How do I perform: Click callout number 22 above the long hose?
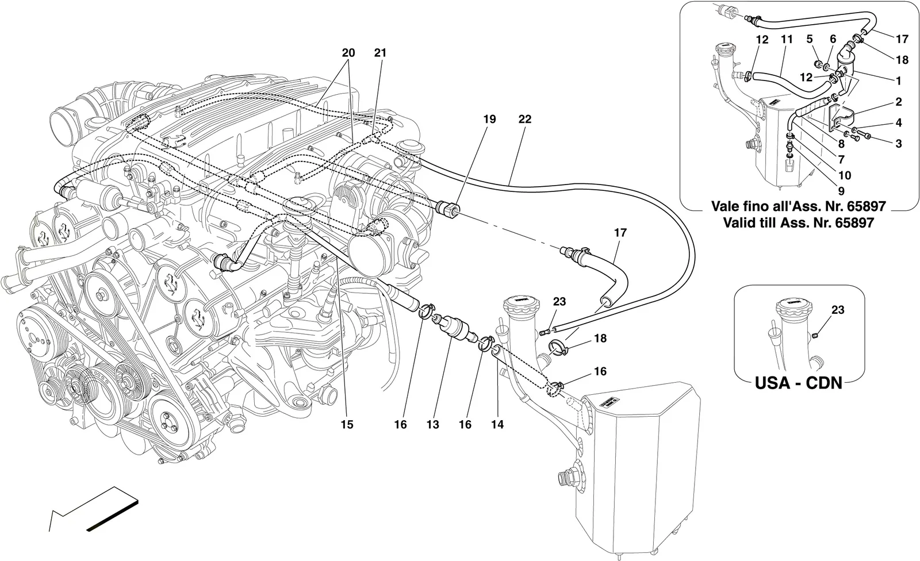click(525, 119)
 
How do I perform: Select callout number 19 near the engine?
click(489, 119)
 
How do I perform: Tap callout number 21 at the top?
click(380, 52)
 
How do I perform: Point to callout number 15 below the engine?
click(347, 424)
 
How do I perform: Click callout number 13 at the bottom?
click(432, 424)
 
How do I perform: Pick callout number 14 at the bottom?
click(497, 424)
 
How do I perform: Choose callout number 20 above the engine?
click(348, 52)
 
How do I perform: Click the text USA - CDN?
click(799, 383)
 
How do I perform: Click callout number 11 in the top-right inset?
click(787, 40)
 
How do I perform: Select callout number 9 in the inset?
click(841, 191)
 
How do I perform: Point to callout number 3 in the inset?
click(899, 144)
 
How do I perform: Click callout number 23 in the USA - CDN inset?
click(838, 309)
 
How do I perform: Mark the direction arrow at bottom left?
click(93, 509)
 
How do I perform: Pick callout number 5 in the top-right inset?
click(810, 40)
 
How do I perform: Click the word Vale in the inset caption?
click(725, 206)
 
